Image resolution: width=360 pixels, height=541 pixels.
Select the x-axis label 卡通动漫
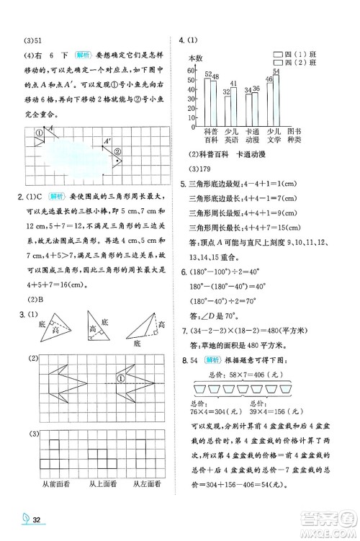(252, 137)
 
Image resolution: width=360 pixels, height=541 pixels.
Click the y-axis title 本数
(196, 58)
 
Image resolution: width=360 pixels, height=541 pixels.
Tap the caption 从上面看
(101, 484)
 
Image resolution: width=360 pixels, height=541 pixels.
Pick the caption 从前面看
(56, 484)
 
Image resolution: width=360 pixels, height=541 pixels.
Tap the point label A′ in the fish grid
(107, 141)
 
